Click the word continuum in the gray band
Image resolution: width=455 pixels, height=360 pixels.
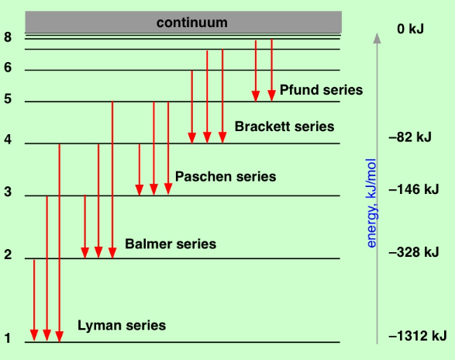pos(191,22)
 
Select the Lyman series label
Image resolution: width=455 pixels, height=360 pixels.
pos(122,325)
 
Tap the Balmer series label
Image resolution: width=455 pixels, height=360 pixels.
pos(171,244)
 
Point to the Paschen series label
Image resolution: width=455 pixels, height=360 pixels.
pos(226,177)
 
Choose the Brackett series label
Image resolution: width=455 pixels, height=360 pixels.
pos(284,126)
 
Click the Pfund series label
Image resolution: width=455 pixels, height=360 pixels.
pos(321,90)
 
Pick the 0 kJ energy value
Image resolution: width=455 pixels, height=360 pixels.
pos(410,29)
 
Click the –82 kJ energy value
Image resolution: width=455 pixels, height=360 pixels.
pos(410,137)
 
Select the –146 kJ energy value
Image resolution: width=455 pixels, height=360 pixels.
pos(414,189)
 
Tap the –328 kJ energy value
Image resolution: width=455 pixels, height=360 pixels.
pos(414,252)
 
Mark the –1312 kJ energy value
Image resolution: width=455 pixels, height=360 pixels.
pos(418,336)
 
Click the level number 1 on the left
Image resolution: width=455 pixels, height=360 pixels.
pos(8,338)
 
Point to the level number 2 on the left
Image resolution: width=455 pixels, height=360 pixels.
pos(8,254)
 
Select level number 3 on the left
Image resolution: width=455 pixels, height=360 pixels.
pos(8,192)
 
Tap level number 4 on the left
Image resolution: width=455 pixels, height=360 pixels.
pos(8,140)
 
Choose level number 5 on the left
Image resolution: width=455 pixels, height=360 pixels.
pos(8,99)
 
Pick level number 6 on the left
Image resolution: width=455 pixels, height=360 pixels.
pos(8,67)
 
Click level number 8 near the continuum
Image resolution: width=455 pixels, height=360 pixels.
pos(8,37)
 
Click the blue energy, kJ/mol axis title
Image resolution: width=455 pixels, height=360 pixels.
pos(371,203)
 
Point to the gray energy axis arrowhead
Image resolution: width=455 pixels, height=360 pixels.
pos(377,38)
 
